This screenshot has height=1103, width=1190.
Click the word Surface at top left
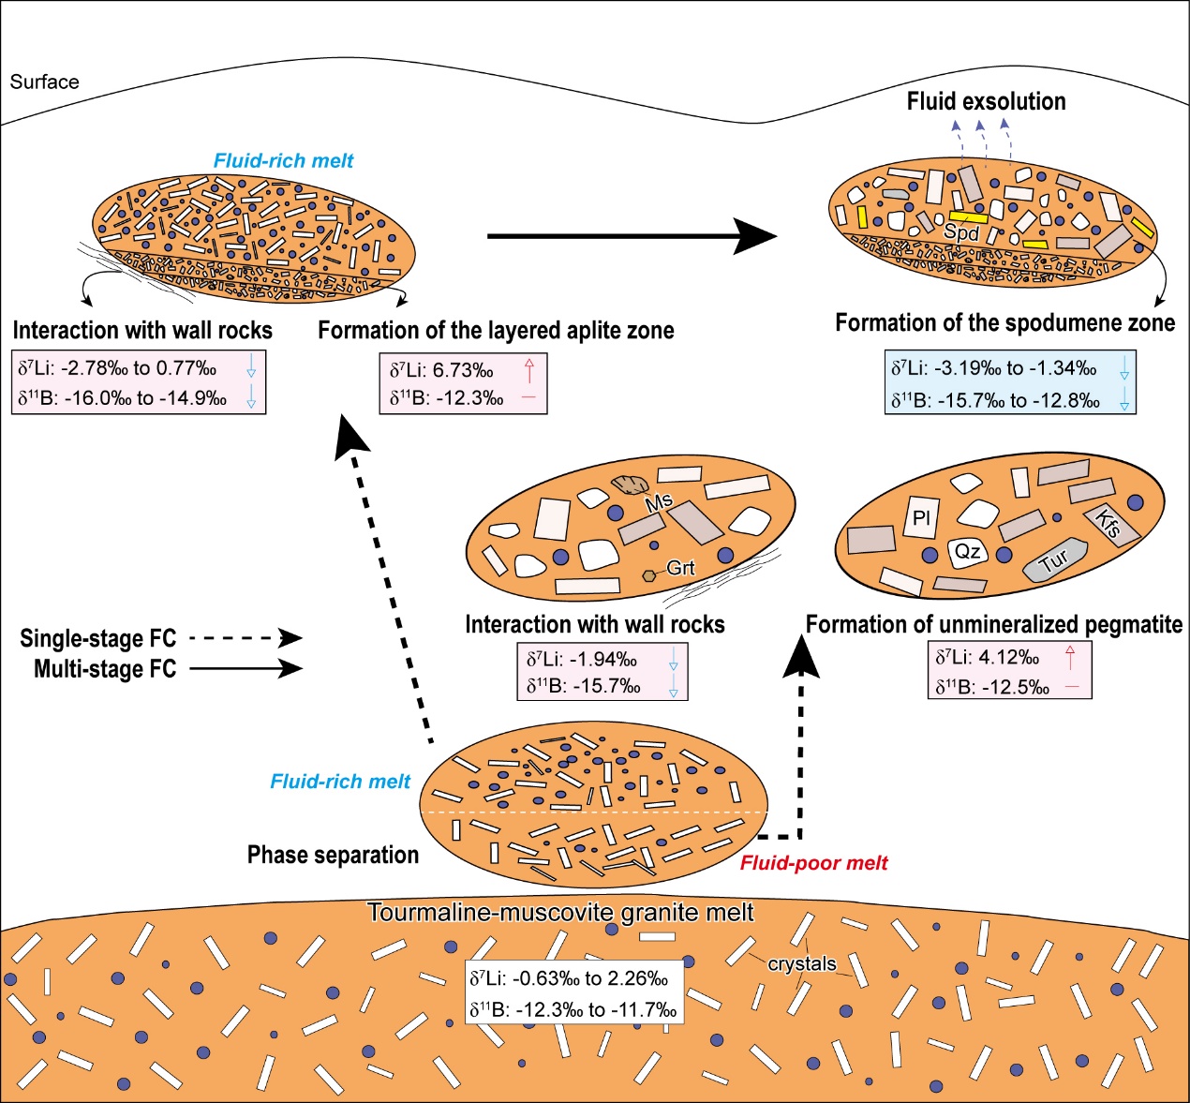[x=44, y=82]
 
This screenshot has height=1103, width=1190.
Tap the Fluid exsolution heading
[x=986, y=101]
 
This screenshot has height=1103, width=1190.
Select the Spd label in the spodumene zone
[x=961, y=232]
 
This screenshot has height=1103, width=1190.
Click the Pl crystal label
[x=921, y=518]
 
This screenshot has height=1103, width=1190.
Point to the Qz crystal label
[x=967, y=551]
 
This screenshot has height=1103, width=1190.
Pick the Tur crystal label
[x=1054, y=561]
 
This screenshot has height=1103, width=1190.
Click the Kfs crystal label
[x=1108, y=524]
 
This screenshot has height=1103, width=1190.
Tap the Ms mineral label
[x=659, y=501]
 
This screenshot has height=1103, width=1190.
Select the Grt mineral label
[x=680, y=568]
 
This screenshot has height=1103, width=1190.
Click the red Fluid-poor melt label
[x=813, y=863]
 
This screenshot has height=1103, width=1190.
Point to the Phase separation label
[x=333, y=855]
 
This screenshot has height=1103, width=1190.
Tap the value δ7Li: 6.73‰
[x=441, y=370]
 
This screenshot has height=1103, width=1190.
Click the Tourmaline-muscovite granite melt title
[x=560, y=912]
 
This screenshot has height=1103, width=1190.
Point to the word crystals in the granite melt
[x=802, y=963]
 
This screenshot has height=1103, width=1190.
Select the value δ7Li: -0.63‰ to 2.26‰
[x=569, y=979]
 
